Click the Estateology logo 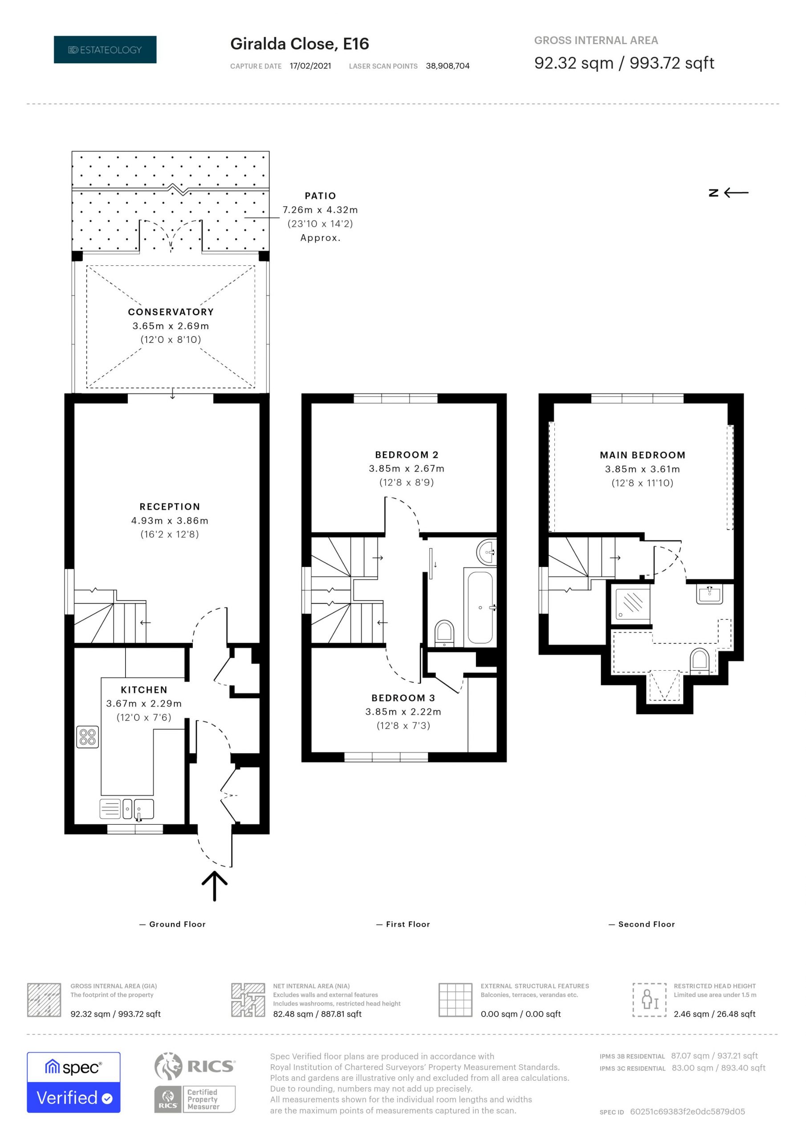pyautogui.click(x=105, y=49)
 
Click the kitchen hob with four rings pyautogui.click(x=87, y=737)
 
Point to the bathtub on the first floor pyautogui.click(x=480, y=607)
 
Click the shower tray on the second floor pyautogui.click(x=633, y=603)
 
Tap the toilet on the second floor pyautogui.click(x=699, y=661)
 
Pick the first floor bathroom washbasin pyautogui.click(x=487, y=552)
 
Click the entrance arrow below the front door pyautogui.click(x=215, y=886)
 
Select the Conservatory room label pyautogui.click(x=171, y=312)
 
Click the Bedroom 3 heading pyautogui.click(x=403, y=698)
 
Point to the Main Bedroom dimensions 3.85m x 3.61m pyautogui.click(x=642, y=469)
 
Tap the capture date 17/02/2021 pyautogui.click(x=310, y=66)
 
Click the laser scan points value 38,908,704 pyautogui.click(x=448, y=66)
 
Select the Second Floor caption pyautogui.click(x=647, y=924)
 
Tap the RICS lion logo pyautogui.click(x=168, y=1067)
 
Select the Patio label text pyautogui.click(x=320, y=195)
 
